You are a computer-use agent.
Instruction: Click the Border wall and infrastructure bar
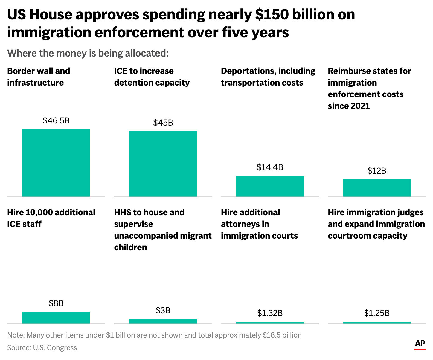(x=56, y=163)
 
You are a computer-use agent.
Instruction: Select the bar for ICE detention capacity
(x=163, y=164)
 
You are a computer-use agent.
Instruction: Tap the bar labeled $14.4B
(x=270, y=186)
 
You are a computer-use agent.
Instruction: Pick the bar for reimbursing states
(x=377, y=188)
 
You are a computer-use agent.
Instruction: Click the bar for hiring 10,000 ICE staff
(x=56, y=317)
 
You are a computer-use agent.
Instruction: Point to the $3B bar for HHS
(x=163, y=321)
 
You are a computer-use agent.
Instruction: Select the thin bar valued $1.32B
(x=270, y=322)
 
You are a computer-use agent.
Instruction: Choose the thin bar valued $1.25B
(x=377, y=322)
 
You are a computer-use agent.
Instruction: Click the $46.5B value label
(x=56, y=120)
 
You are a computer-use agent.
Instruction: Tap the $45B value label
(x=163, y=123)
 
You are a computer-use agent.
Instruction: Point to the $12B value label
(x=377, y=171)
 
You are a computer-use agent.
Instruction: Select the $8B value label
(x=56, y=303)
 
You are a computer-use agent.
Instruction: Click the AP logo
(x=420, y=344)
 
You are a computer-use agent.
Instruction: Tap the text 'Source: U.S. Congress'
(x=42, y=347)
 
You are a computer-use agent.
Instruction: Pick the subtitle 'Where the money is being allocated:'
(x=88, y=53)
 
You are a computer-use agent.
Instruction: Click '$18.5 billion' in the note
(x=282, y=335)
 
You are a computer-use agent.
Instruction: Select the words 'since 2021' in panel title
(x=349, y=106)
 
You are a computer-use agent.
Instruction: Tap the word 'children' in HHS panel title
(x=130, y=247)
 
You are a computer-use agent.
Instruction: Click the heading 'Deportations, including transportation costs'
(x=268, y=77)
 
